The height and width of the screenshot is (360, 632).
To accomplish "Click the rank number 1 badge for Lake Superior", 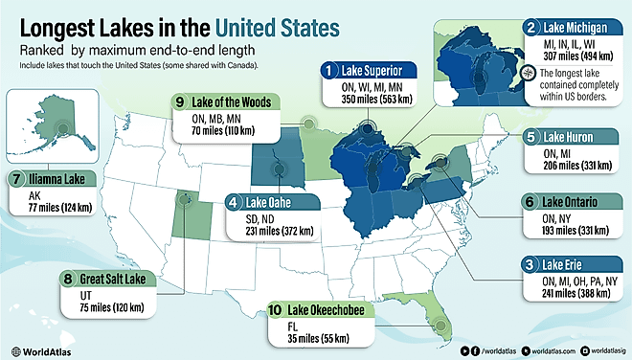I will [328, 70].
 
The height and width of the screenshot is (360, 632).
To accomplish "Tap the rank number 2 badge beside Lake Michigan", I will [531, 30].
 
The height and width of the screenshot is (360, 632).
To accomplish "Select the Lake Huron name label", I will [572, 137].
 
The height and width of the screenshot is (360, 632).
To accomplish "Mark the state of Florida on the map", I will [436, 320].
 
